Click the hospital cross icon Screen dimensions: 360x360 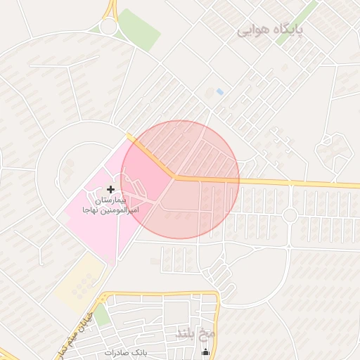point(111,189)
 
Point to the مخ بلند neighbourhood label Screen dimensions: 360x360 point(195,332)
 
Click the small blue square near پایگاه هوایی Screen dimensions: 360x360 point(220,92)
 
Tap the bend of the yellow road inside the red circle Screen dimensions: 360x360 point(173,176)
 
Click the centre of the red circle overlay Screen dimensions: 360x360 point(180,180)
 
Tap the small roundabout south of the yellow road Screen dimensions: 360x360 point(289,215)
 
